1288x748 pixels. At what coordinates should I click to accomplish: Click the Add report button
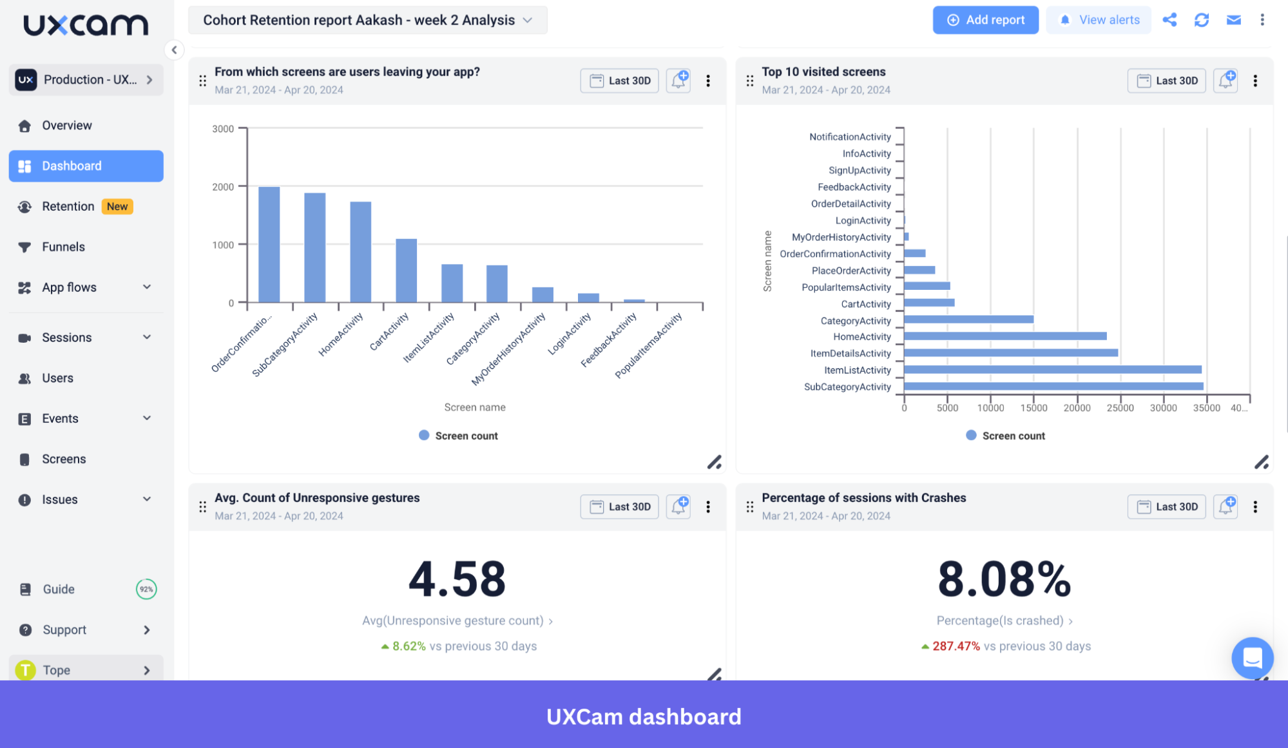point(985,20)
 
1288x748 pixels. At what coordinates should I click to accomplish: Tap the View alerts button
point(1099,20)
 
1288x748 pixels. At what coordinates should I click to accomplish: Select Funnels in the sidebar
point(63,247)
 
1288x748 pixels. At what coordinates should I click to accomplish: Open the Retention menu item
point(68,206)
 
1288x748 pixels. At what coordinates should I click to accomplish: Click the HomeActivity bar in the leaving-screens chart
point(361,252)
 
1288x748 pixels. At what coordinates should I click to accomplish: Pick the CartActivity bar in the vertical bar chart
point(407,271)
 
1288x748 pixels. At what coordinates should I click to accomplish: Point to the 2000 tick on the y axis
point(223,187)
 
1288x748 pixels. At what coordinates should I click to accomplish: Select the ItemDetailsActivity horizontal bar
point(1010,353)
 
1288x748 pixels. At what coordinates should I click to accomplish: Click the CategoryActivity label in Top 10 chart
point(856,321)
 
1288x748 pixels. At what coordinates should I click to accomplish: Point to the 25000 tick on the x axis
point(1120,408)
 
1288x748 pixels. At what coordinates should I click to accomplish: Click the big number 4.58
point(457,579)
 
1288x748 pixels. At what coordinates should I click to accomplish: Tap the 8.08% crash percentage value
point(1004,579)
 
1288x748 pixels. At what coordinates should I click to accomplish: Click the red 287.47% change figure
point(956,646)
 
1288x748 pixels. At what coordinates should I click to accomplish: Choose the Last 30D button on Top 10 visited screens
point(1166,81)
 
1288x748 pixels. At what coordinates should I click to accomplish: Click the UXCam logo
point(86,24)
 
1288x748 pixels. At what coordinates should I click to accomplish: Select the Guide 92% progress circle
point(146,589)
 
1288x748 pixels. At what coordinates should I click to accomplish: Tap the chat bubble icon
point(1252,658)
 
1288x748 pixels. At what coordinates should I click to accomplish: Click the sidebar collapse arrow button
point(174,50)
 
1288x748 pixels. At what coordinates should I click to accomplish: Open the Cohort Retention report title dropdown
point(367,20)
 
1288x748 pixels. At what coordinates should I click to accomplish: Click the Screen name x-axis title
point(475,407)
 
